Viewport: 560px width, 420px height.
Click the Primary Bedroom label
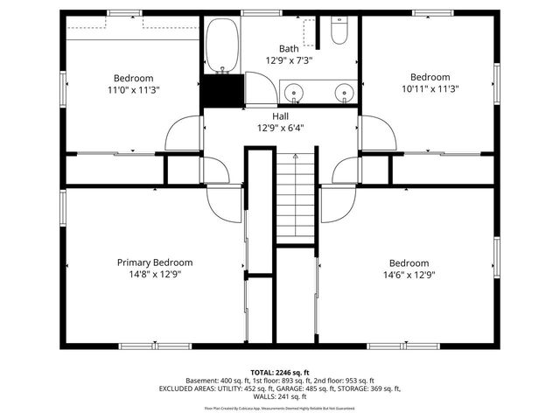pyautogui.click(x=155, y=262)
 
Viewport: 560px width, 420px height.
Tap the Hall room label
pyautogui.click(x=280, y=115)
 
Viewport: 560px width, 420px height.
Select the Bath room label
pyautogui.click(x=289, y=49)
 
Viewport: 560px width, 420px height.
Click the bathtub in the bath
pyautogui.click(x=224, y=45)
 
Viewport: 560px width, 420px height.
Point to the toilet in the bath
pyautogui.click(x=340, y=33)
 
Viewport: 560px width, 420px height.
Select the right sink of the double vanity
pyautogui.click(x=345, y=91)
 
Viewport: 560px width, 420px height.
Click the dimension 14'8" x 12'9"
pyautogui.click(x=155, y=274)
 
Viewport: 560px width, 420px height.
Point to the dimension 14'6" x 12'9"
pyautogui.click(x=409, y=274)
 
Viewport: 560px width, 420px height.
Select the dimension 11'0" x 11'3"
pyautogui.click(x=133, y=88)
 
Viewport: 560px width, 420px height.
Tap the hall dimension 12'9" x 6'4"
pyautogui.click(x=280, y=127)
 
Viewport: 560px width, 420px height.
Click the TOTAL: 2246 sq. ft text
pyautogui.click(x=280, y=372)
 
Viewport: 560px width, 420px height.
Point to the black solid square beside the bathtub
pyautogui.click(x=222, y=89)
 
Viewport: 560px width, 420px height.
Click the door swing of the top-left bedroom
pyautogui.click(x=185, y=133)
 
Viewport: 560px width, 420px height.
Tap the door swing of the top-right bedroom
pyautogui.click(x=376, y=133)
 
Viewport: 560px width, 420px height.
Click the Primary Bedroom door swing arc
pyautogui.click(x=224, y=203)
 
